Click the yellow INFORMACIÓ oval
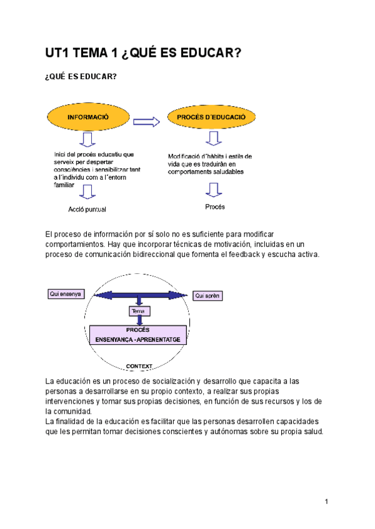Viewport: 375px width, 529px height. [x=89, y=117]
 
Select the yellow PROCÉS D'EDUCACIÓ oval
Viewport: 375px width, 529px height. [x=211, y=117]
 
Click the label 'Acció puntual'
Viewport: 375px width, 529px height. [x=87, y=208]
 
